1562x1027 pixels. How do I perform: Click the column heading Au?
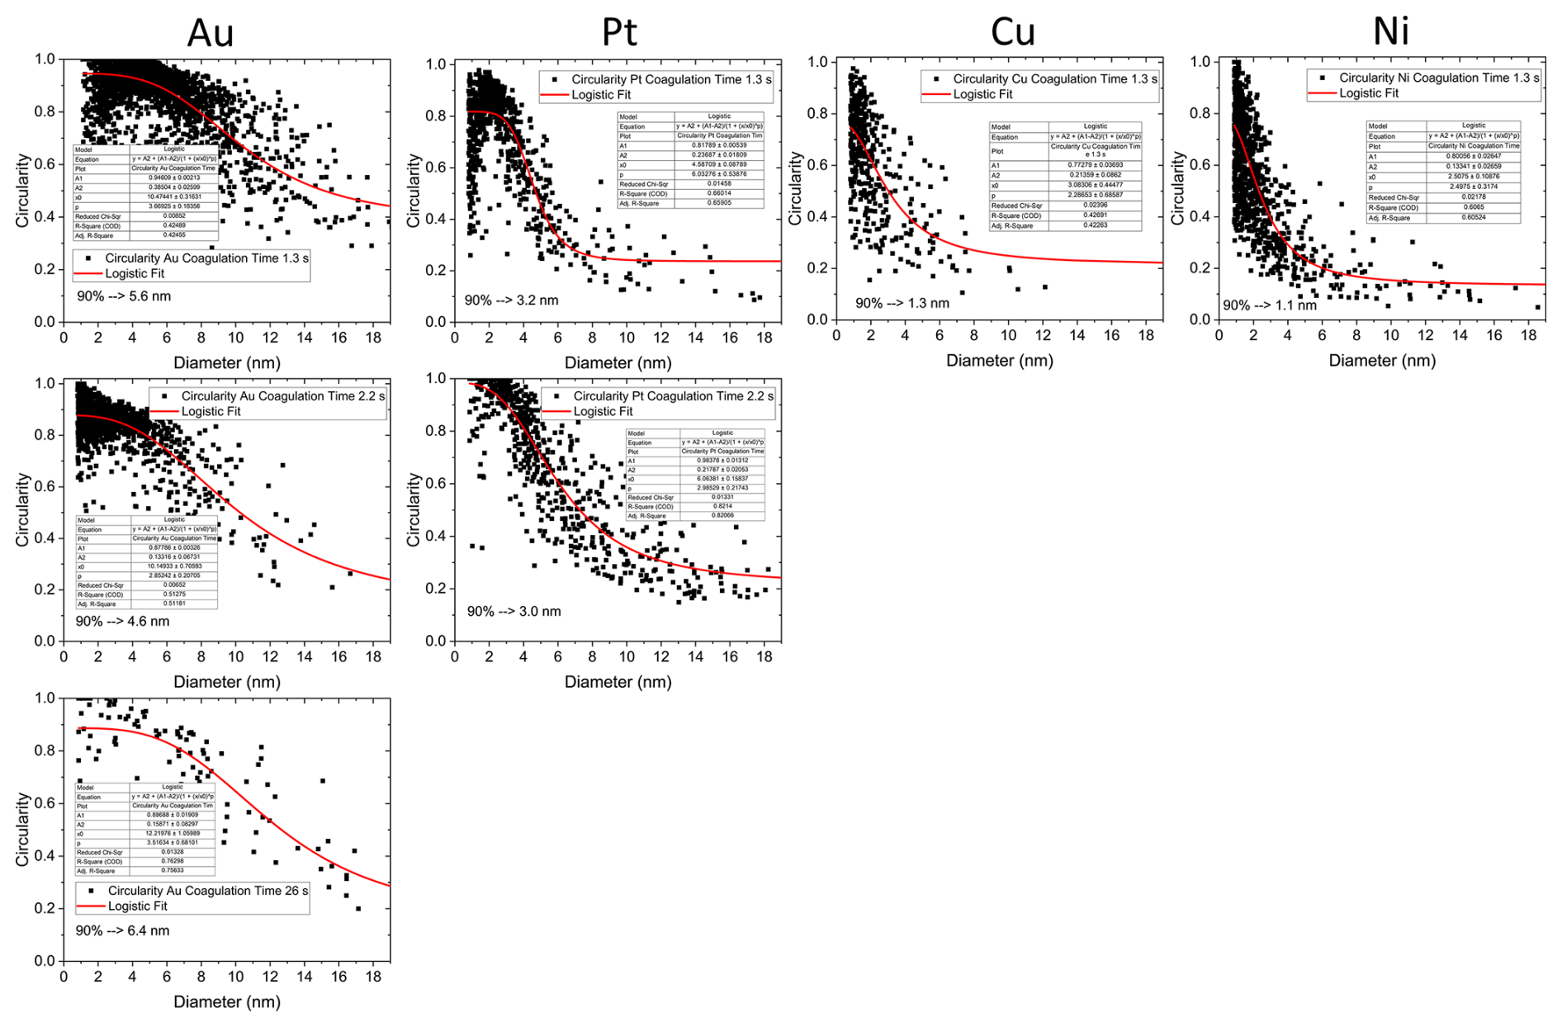point(211,34)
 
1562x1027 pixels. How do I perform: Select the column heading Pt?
point(619,32)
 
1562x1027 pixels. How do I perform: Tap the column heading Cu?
point(1012,32)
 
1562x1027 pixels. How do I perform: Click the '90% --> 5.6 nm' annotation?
point(124,296)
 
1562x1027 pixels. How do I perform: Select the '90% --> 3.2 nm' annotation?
point(511,301)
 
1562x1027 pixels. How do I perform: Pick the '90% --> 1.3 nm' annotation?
point(902,303)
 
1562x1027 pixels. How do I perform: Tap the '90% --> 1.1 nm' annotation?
point(1270,305)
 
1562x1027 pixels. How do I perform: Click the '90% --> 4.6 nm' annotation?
point(122,621)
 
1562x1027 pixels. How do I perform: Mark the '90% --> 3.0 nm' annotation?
point(514,612)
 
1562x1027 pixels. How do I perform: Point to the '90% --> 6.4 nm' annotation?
point(122,930)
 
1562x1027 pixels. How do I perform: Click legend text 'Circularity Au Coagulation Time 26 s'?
point(208,891)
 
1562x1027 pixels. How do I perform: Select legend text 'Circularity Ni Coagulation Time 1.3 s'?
point(1439,78)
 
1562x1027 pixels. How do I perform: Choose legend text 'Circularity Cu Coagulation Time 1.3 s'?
point(1055,78)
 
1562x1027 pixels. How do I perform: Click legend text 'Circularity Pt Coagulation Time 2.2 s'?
point(674,396)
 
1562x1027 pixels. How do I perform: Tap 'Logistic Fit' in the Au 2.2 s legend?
point(211,411)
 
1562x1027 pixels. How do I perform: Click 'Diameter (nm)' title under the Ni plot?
point(1382,361)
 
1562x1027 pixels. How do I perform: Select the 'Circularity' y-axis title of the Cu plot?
point(795,188)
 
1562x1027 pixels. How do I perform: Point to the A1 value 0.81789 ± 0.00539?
point(719,145)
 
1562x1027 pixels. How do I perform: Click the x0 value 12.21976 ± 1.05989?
point(172,833)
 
